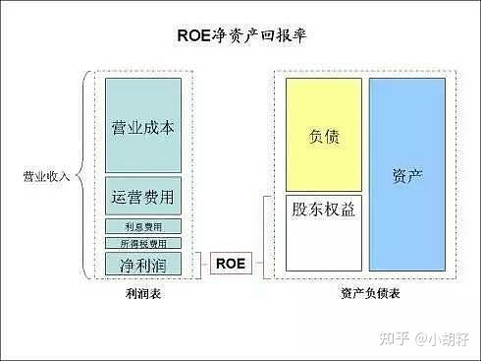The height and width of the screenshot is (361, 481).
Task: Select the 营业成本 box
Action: pos(143,125)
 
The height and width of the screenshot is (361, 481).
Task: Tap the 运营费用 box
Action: pos(143,197)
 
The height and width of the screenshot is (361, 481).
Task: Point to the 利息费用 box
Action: pos(143,226)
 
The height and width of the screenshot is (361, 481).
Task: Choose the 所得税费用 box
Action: pos(143,243)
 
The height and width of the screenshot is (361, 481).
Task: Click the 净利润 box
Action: pos(143,264)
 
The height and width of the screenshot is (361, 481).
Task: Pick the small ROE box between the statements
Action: pos(231,263)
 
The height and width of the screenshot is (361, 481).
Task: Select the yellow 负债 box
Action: pos(324,135)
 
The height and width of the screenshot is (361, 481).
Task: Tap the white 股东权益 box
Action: pos(324,233)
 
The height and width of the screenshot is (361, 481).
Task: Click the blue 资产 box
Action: pos(407,173)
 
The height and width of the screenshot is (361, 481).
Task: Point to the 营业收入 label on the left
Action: pos(47,177)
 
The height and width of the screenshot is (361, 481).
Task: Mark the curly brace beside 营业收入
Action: pos(83,176)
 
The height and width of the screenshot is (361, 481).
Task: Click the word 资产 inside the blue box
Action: pos(407,174)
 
